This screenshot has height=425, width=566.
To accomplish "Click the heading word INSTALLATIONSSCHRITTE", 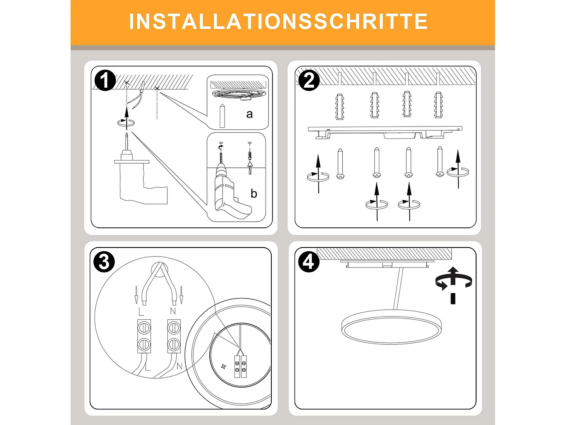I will tap(278, 22).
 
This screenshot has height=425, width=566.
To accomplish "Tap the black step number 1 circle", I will tap(105, 80).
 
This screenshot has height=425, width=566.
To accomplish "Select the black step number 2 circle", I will tap(309, 80).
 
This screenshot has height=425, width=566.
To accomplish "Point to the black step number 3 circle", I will tap(104, 262).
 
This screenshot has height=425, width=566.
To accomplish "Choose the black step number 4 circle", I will tap(309, 262).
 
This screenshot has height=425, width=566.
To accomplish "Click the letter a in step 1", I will tap(249, 114).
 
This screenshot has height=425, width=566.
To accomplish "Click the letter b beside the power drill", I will tap(254, 194).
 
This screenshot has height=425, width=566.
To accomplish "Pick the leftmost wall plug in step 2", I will tap(340, 107).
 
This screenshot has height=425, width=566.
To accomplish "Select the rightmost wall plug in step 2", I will tap(438, 105).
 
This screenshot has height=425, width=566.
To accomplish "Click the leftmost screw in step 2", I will tap(340, 164).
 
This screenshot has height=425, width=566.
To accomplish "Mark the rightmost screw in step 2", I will tap(440, 162).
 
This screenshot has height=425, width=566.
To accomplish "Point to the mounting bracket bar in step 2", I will tap(385, 131).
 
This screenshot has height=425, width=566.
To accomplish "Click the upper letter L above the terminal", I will tap(141, 312).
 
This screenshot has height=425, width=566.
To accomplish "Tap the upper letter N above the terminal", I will tap(173, 311).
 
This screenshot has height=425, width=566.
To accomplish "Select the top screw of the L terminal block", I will tap(144, 327).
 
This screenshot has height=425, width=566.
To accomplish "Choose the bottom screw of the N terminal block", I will tap(174, 344).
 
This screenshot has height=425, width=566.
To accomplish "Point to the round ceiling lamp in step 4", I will tap(391, 327).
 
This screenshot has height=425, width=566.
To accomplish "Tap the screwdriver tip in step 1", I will tap(127, 136).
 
